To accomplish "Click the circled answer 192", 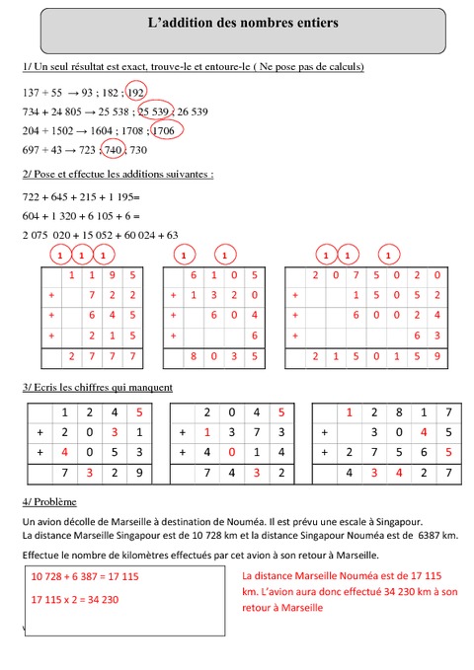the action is tap(135, 91).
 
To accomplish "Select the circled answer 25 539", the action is tap(156, 111).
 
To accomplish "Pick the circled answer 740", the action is tap(115, 149).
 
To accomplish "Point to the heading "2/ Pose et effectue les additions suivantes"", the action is tap(118, 174).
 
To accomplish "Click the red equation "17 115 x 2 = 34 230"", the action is tap(75, 599).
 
